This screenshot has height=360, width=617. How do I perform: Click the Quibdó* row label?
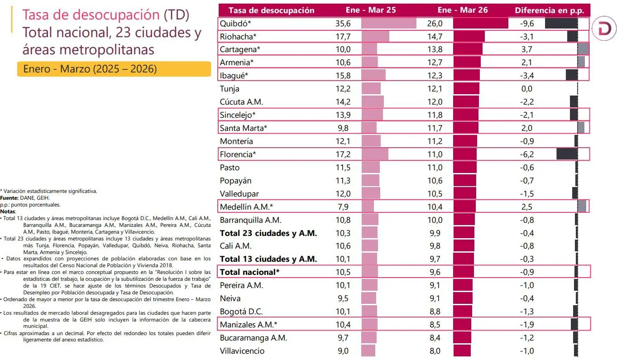235,23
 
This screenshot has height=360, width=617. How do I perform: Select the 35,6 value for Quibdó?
344,23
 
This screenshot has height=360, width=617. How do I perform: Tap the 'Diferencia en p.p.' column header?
549,10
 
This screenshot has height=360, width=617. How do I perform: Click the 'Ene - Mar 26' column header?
463,10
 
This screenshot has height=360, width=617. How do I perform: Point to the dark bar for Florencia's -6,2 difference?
567,154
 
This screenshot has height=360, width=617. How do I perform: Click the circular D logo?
603,30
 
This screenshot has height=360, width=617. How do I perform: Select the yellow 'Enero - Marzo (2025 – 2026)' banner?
114,69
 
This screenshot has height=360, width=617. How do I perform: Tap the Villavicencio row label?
242,351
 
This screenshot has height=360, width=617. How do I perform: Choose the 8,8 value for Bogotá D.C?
435,312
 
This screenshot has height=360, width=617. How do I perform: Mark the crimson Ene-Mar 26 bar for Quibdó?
480,23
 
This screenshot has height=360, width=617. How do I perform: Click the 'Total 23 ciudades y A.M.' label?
268,233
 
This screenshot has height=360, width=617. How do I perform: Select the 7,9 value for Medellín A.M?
344,207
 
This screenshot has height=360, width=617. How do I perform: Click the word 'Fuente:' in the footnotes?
10,198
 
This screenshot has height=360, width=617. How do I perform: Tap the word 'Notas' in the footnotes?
8,211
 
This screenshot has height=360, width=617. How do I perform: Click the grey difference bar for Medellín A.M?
582,207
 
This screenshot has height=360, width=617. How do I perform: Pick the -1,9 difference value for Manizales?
527,325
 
